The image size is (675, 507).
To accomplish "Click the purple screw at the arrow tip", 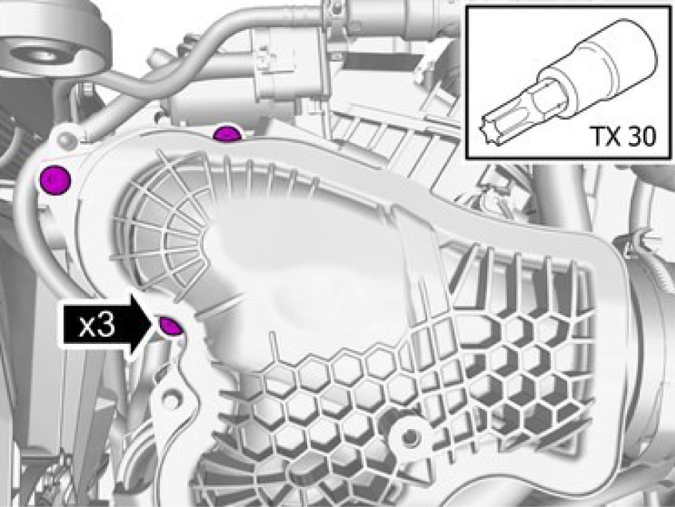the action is click(x=171, y=325).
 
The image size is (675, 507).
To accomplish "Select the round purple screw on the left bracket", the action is click(x=55, y=179).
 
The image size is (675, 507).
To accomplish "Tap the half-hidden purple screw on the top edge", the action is click(x=227, y=134).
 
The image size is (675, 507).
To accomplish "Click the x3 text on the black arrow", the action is click(x=97, y=325).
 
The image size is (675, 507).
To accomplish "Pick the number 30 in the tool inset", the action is click(x=641, y=136).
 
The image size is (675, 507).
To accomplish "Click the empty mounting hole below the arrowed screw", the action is click(x=171, y=400).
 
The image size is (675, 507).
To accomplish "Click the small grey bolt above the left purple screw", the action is click(x=66, y=140).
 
